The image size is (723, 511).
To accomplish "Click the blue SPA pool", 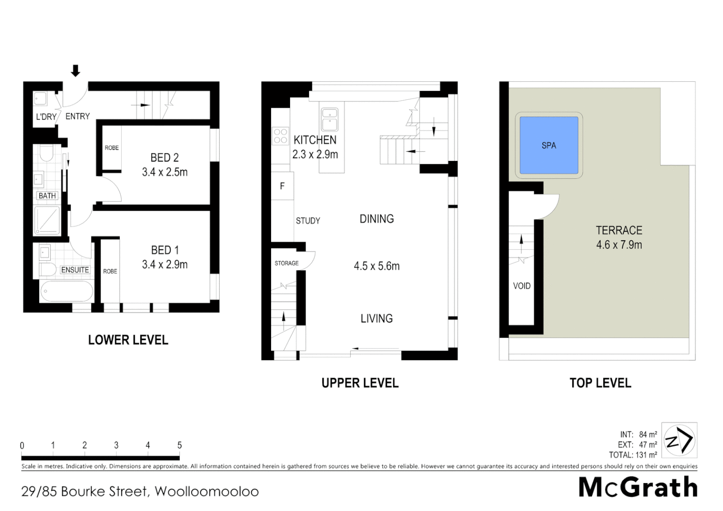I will coord(548,145).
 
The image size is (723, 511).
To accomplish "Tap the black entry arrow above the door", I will coord(75,71).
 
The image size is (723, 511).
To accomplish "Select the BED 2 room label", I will coord(164,158).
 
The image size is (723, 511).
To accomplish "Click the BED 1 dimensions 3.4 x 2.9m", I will coord(165,264).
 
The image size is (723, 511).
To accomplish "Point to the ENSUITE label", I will coord(75,270).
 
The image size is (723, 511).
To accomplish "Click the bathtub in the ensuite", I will coord(66,291).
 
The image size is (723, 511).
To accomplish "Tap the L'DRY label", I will coord(46,116).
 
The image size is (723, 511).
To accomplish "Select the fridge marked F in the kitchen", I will coord(282,186).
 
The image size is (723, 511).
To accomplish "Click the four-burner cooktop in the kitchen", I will coord(280,136).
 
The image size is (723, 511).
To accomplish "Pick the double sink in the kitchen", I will coord(329,119).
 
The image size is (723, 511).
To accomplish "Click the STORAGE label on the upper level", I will coord(286,263).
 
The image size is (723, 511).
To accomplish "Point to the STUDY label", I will coord(308,220).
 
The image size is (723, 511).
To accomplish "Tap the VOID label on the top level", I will coord(521,286).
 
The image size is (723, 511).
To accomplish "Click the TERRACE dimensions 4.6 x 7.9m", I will coord(619,245).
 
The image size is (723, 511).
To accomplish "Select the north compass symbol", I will coord(679,440).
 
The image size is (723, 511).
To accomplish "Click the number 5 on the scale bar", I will coord(179,445).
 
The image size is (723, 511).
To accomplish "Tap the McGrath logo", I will coord(638,487).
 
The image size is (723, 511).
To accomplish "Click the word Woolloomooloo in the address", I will coord(207,492).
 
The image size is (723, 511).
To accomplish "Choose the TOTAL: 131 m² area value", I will coord(633,455).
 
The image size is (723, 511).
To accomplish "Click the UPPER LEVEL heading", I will coord(360,383).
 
